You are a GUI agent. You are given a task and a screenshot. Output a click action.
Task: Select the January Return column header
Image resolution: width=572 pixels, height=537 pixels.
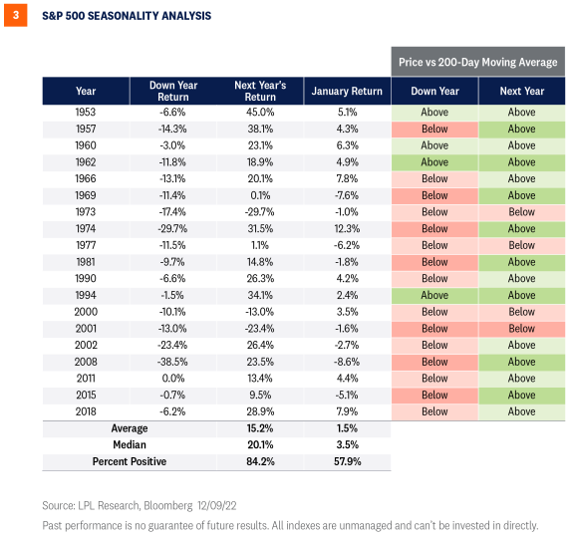pos(347,91)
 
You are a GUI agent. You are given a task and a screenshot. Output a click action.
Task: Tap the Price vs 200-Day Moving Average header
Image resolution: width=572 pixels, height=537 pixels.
pos(477,61)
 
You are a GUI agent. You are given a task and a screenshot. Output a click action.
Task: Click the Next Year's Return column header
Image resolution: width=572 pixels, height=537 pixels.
pos(260,91)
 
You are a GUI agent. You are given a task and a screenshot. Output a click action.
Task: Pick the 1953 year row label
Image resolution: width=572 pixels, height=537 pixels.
pos(86,113)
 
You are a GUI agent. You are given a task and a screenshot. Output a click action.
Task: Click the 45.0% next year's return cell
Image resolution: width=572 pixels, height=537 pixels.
pos(260,113)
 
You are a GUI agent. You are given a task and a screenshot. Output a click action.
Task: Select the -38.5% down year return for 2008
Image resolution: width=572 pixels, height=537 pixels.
pos(172,362)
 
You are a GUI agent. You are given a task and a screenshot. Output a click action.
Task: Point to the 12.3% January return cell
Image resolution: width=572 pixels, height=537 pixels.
pos(347,229)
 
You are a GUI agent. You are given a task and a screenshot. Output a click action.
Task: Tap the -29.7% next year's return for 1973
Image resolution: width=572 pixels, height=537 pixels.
pos(260,212)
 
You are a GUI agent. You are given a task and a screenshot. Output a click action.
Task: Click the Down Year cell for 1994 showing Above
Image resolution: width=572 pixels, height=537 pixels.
pos(434,295)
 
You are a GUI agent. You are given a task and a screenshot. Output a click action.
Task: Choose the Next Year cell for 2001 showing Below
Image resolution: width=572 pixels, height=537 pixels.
pos(521,329)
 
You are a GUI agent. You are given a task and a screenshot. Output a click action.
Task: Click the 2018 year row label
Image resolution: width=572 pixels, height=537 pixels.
pos(86,411)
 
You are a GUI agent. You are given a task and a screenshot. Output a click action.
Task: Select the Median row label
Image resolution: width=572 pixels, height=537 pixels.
pos(130,445)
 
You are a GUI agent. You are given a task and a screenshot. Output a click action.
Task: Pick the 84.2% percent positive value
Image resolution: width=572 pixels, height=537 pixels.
pos(260,462)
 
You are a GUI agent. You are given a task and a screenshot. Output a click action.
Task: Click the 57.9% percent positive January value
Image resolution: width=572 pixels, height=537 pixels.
pos(347,462)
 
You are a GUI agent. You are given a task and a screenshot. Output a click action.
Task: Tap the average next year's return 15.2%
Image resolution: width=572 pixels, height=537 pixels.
pos(260,428)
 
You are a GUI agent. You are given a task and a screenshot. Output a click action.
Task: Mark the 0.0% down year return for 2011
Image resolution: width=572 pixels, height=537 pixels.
pos(172,379)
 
